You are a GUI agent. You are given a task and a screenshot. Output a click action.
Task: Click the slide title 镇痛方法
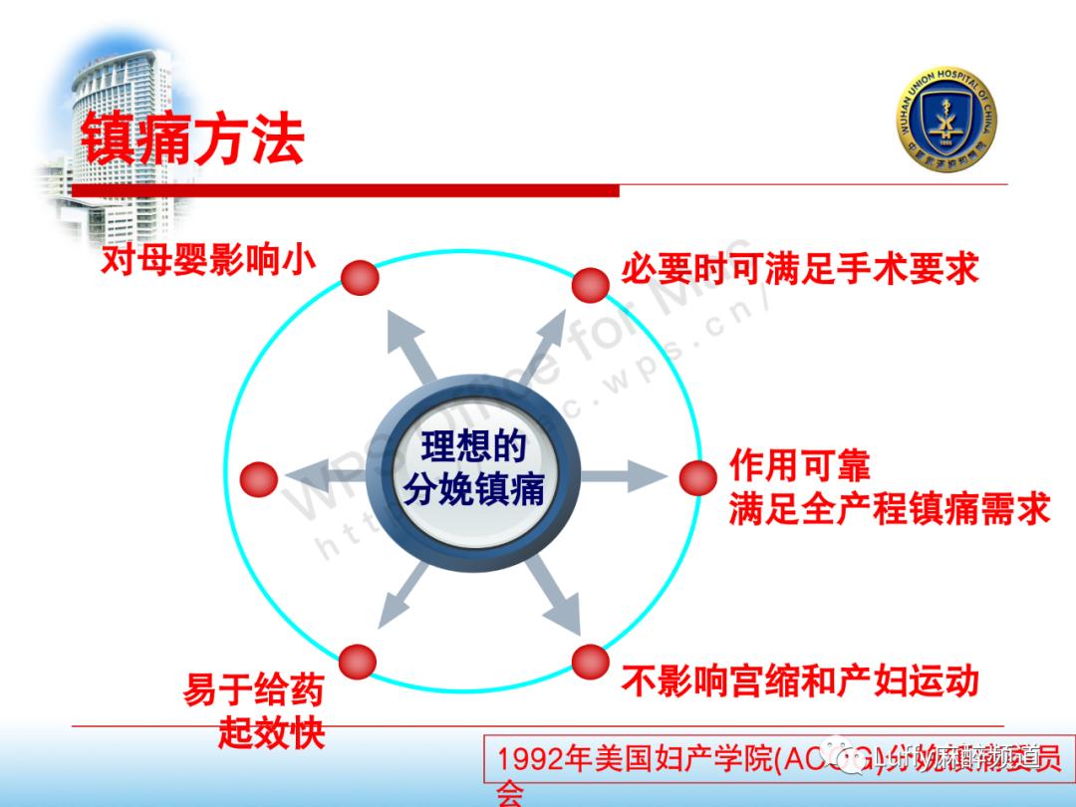click(x=192, y=138)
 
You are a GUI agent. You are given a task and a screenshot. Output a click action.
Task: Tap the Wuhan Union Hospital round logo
click(x=945, y=122)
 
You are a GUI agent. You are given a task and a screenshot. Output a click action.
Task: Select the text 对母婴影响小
click(x=208, y=261)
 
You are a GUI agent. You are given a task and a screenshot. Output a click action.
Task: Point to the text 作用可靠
click(x=800, y=465)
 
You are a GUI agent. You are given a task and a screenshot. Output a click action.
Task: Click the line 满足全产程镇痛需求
click(x=889, y=509)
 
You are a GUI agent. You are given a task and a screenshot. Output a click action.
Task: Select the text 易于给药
click(x=254, y=689)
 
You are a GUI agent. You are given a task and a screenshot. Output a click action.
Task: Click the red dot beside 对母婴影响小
click(x=360, y=277)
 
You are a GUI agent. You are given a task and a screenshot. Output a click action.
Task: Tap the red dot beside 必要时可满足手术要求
click(x=590, y=284)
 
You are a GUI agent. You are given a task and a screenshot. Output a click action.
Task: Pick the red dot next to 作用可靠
click(x=698, y=478)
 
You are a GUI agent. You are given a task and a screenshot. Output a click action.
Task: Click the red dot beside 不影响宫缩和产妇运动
click(x=590, y=661)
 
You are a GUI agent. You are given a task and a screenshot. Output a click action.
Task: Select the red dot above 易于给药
click(x=357, y=661)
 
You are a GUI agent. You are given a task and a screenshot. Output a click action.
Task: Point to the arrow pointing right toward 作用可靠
click(x=623, y=476)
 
